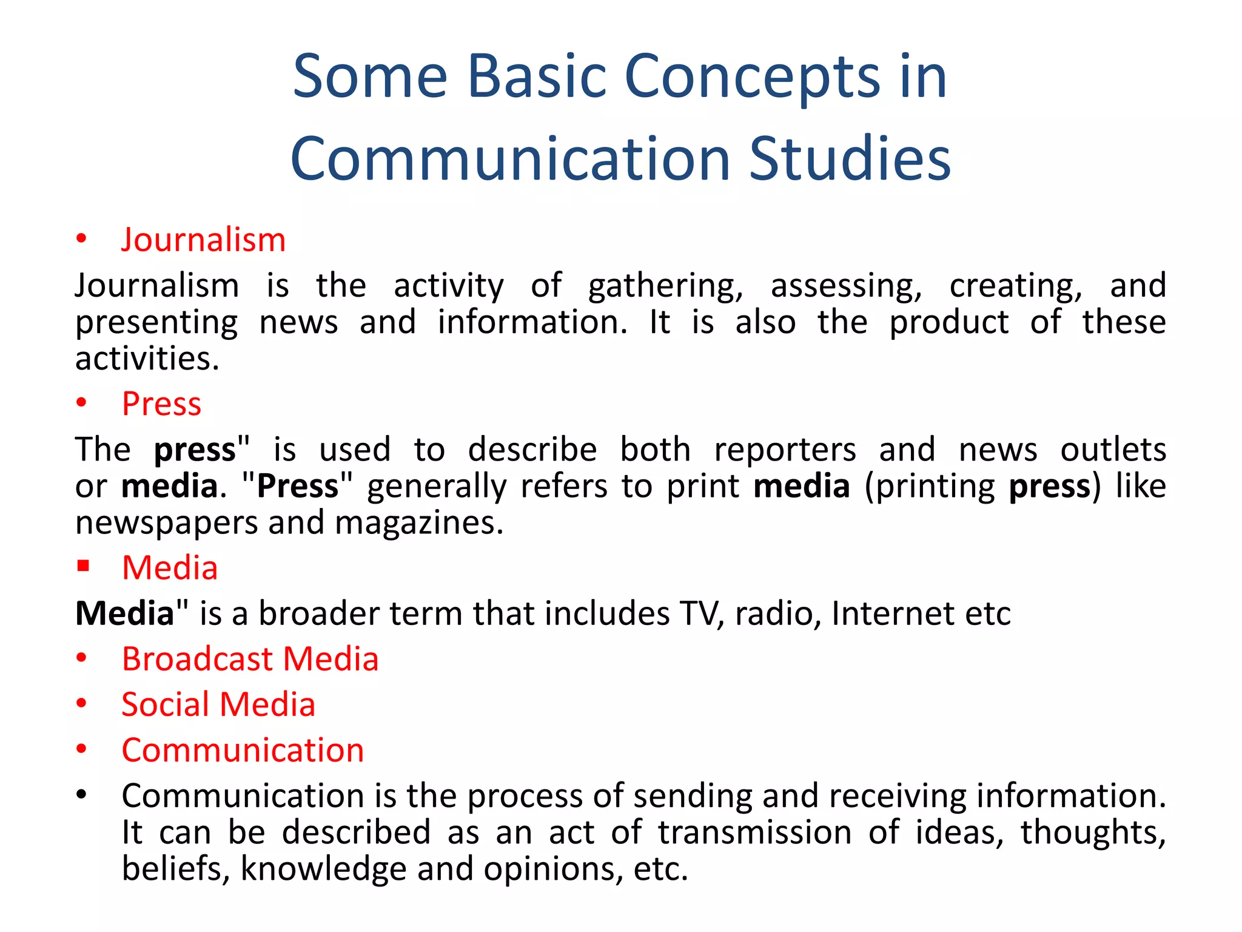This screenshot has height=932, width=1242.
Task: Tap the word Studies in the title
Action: coord(850,159)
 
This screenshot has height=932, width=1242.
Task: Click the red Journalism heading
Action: coord(203,240)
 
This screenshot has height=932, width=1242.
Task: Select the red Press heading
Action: coord(161,404)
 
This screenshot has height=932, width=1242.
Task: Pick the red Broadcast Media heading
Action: coord(250,659)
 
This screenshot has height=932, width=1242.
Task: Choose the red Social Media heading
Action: coord(218,705)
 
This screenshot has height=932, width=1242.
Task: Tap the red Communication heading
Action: coord(243,751)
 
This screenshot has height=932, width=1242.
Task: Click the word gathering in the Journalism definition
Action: coord(665,286)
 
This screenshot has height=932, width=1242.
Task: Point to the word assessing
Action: coord(846,286)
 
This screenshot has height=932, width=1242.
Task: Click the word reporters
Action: coord(785,450)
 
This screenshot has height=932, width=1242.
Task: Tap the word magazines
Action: coord(418,523)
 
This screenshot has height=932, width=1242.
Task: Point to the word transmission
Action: coord(755,832)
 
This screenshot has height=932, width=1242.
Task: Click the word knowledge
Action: coord(324,869)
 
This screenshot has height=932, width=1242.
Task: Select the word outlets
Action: coord(1113,450)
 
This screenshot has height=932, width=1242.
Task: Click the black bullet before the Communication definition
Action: coord(82,794)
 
